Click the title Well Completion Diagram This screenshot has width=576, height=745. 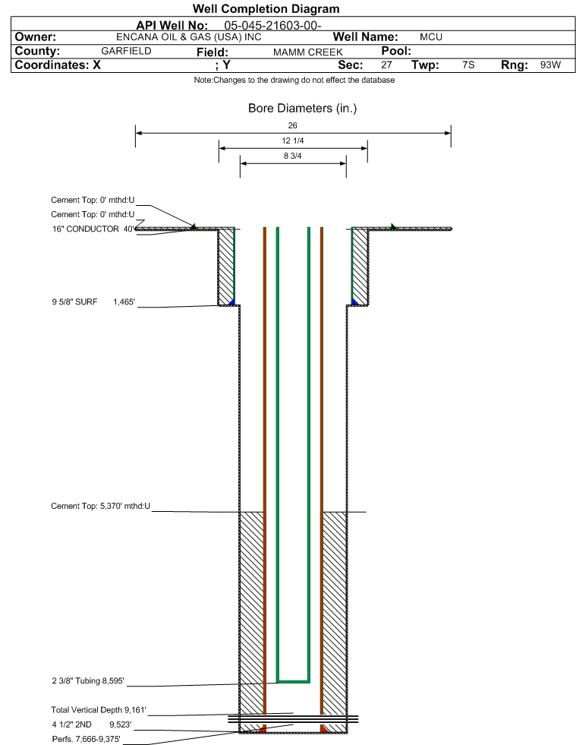(x=266, y=9)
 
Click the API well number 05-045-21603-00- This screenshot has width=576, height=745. (x=272, y=26)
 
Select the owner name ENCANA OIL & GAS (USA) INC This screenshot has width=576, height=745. (x=188, y=37)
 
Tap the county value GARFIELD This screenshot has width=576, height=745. (x=126, y=51)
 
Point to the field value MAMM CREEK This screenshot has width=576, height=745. (x=307, y=52)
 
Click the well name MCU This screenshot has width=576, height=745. (x=431, y=37)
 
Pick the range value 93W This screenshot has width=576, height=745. (x=550, y=65)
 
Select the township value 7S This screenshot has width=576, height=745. (x=468, y=65)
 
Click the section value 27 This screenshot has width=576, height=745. (x=386, y=65)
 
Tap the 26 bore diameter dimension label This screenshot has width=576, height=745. (x=292, y=125)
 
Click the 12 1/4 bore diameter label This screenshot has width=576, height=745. (x=292, y=140)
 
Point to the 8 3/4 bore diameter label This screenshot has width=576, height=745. (x=292, y=156)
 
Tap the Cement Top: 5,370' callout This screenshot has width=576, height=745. (x=101, y=506)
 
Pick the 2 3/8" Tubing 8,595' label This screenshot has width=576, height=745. (x=88, y=681)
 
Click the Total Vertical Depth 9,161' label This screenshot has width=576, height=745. (x=99, y=710)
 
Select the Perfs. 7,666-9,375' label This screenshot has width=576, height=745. (x=86, y=739)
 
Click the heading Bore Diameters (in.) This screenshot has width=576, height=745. (x=303, y=109)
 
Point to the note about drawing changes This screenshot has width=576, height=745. (x=294, y=80)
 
